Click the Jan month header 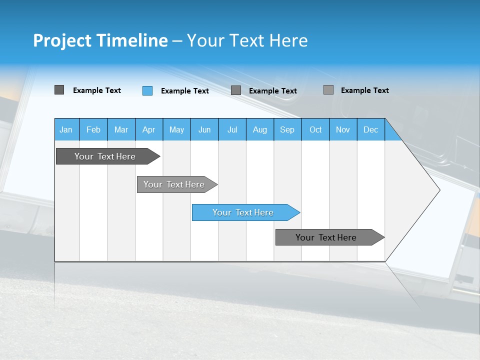click(x=66, y=129)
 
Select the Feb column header click(x=93, y=129)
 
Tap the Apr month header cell click(x=148, y=129)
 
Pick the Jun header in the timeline click(x=204, y=129)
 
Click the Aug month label click(x=260, y=129)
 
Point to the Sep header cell click(x=287, y=129)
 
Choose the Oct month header click(x=315, y=129)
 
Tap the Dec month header click(x=371, y=129)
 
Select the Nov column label click(x=343, y=129)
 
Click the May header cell click(x=176, y=129)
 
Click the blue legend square click(x=147, y=90)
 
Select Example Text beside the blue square click(x=185, y=91)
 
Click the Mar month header click(x=121, y=129)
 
